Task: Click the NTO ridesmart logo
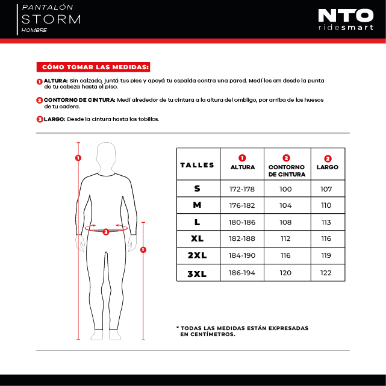346,19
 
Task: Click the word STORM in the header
51,19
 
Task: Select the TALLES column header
198,164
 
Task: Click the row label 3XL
198,273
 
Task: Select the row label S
198,188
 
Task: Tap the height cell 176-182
243,205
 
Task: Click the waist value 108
286,222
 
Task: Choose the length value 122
326,273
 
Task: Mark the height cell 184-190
243,256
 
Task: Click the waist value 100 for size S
286,188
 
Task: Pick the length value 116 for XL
326,239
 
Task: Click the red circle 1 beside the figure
78,158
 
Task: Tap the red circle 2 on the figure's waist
105,231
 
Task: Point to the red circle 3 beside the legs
143,249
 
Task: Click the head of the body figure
107,154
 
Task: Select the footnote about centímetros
242,331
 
